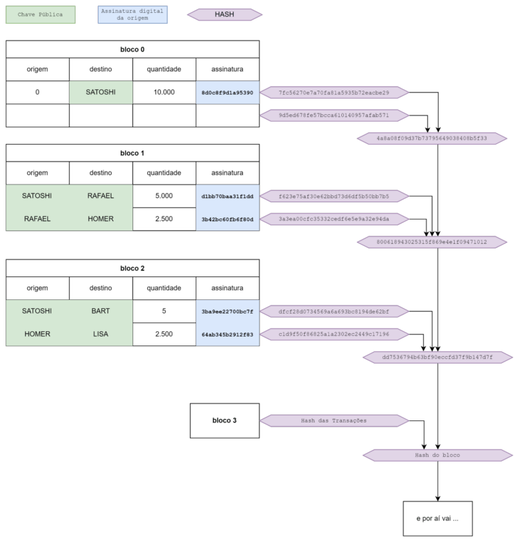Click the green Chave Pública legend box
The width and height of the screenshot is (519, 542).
point(41,14)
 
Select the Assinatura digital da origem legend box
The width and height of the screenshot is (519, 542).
point(132,14)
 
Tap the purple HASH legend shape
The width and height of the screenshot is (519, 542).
point(224,14)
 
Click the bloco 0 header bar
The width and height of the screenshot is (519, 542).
point(132,49)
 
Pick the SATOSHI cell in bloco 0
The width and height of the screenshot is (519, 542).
point(101,92)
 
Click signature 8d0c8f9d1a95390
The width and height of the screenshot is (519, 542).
point(227,92)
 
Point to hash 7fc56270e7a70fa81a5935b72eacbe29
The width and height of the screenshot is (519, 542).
point(334,92)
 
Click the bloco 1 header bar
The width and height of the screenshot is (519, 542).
point(132,153)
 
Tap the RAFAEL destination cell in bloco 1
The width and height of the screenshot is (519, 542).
point(101,196)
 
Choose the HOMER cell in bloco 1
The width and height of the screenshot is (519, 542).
point(101,219)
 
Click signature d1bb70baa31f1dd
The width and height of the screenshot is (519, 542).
point(227,196)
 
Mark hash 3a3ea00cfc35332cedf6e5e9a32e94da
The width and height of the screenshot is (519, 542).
point(334,219)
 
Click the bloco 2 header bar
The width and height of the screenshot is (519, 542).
point(132,268)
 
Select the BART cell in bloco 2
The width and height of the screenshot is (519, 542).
point(101,312)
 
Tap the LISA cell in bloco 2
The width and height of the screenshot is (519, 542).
point(101,334)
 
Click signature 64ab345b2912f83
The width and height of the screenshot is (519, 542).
point(227,334)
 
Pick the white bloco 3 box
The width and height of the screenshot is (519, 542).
point(224,420)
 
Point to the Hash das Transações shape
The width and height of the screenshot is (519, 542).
point(334,420)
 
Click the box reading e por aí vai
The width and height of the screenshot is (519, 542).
point(437,518)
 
